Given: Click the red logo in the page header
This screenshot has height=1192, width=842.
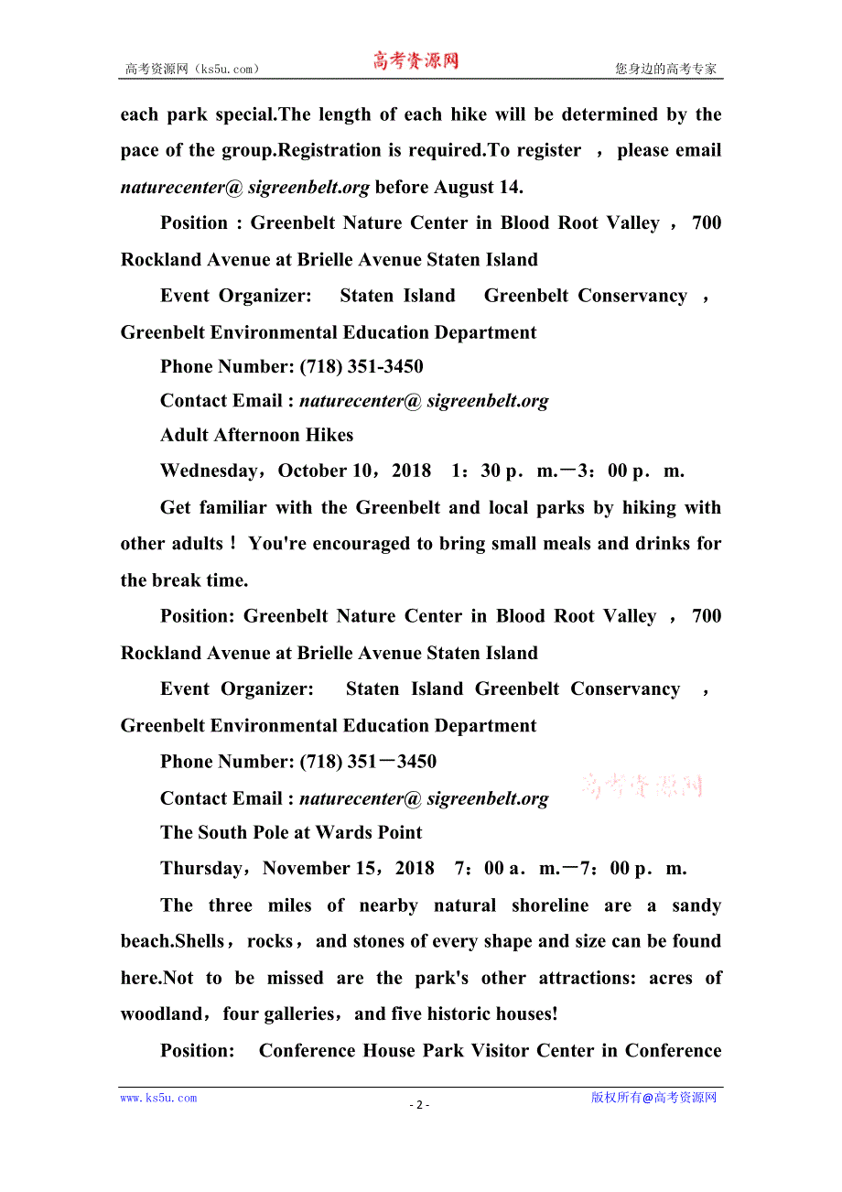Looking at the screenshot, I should (x=415, y=61).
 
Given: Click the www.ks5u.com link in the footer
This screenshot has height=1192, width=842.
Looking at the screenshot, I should (x=158, y=1099).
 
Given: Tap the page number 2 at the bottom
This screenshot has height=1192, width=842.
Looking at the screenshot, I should (x=419, y=1105).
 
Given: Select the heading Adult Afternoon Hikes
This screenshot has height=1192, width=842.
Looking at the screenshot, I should (x=256, y=436).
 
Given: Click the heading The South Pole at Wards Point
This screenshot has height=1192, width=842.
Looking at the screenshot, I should (x=291, y=833).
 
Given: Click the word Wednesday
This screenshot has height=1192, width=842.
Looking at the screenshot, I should (x=209, y=471).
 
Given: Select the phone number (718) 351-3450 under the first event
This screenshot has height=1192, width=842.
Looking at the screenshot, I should (x=362, y=367).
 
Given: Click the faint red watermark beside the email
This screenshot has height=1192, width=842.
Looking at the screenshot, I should (x=642, y=786).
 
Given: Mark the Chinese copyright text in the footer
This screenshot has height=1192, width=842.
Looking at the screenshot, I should (x=653, y=1099).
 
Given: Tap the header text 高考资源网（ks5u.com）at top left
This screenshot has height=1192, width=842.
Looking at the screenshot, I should (x=192, y=69).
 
